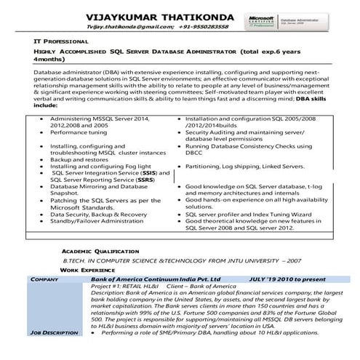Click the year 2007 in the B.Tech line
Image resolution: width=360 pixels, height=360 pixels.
(292, 260)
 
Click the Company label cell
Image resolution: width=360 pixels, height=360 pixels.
(44, 279)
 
